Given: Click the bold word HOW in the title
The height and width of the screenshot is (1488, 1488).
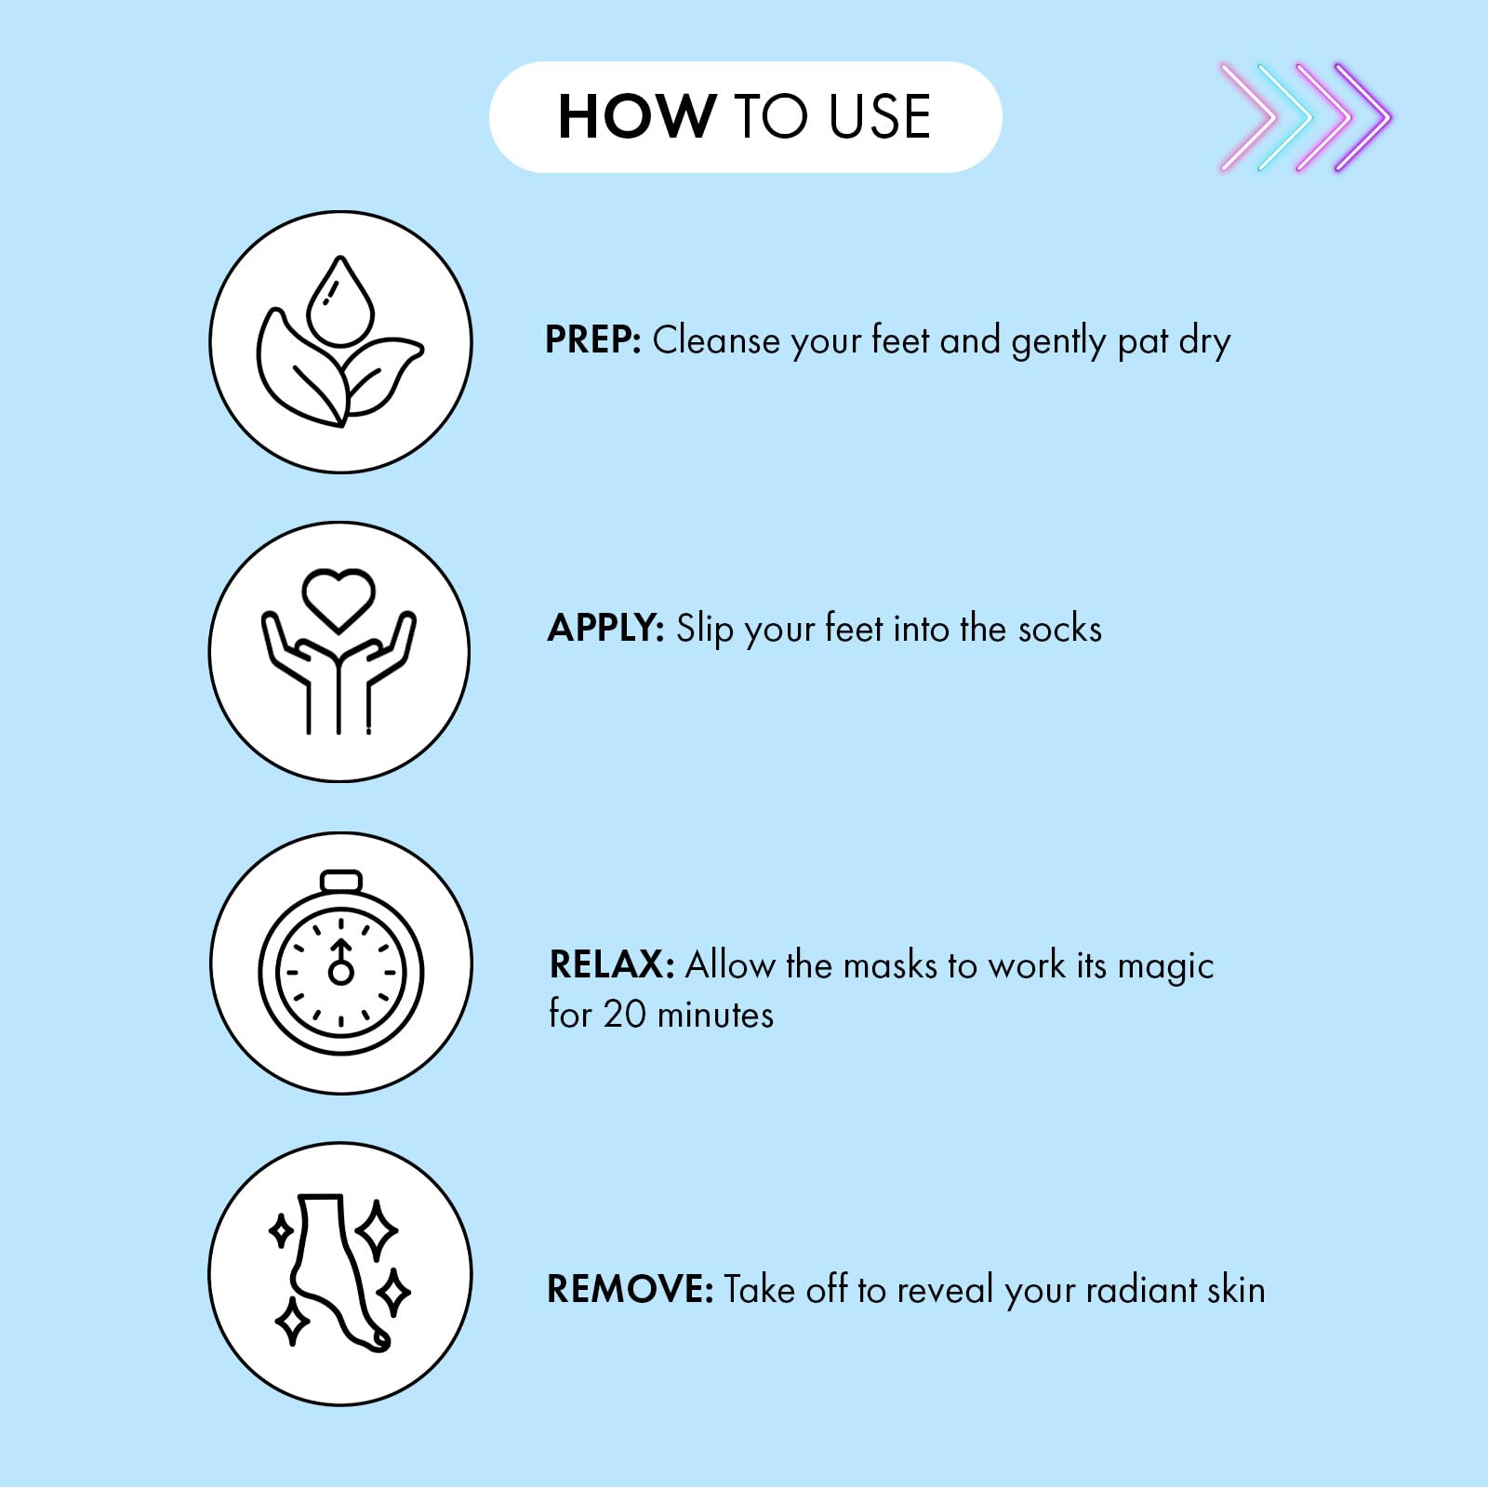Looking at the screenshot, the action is [637, 117].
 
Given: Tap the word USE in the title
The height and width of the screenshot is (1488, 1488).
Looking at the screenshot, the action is [879, 117].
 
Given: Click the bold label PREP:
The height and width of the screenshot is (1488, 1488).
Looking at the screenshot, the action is [593, 339].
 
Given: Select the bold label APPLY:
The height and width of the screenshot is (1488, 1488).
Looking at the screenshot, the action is [605, 629].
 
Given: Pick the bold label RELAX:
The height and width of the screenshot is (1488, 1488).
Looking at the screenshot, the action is [612, 964].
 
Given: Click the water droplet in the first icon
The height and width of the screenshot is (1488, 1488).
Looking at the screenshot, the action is [340, 299].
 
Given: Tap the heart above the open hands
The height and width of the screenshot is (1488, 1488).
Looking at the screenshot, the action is [339, 599].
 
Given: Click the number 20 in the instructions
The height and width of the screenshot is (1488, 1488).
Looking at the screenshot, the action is [624, 1015].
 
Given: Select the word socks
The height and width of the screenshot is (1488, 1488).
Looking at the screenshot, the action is [1060, 629].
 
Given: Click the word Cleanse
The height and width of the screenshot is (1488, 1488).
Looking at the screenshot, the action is [717, 340].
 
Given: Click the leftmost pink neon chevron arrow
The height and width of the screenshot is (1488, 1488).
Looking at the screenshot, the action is [1250, 117].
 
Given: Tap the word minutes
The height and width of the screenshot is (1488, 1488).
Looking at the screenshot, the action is [715, 1015].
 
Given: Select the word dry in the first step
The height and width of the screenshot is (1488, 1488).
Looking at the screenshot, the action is [1205, 342].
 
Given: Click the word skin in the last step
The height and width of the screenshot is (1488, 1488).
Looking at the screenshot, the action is [1236, 1290].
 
